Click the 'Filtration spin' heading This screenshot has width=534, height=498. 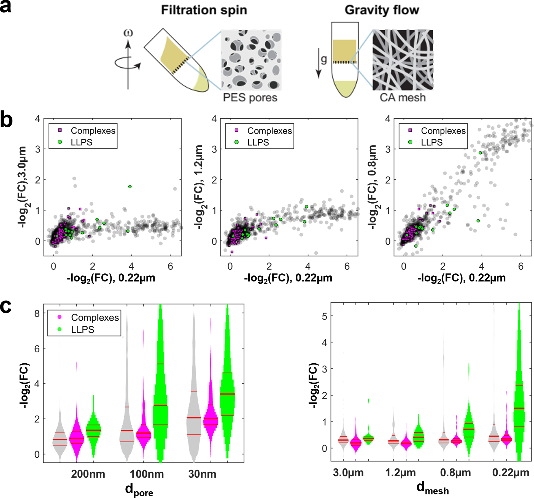click(204, 10)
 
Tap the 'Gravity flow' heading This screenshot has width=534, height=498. click(382, 10)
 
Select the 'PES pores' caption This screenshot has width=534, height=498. click(250, 98)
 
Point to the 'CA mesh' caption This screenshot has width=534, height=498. click(403, 98)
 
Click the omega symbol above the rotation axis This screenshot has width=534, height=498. click(128, 33)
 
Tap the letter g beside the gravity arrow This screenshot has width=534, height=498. click(324, 59)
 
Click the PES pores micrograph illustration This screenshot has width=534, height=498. click(251, 60)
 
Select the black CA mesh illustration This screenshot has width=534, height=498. click(403, 60)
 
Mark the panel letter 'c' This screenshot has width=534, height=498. click(6, 307)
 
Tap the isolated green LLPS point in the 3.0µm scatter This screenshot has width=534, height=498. click(130, 187)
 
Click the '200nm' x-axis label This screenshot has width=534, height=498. click(88, 474)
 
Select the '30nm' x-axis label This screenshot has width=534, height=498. click(202, 474)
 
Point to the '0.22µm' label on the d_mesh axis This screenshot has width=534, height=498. click(511, 473)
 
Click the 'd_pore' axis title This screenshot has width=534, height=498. click(139, 489)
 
